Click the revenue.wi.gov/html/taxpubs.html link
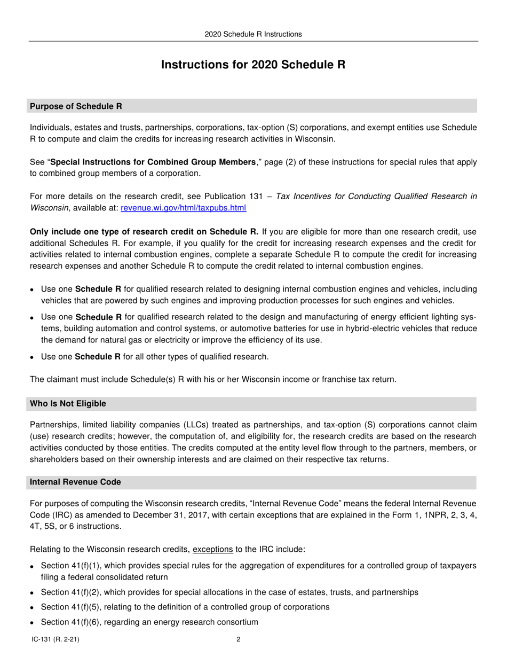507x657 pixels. pyautogui.click(x=184, y=208)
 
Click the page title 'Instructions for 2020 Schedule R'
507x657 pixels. pyautogui.click(x=253, y=65)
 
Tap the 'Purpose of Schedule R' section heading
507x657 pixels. pyautogui.click(x=76, y=106)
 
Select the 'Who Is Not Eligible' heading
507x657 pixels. pyautogui.click(x=68, y=404)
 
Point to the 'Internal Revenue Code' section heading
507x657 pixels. pyautogui.click(x=75, y=482)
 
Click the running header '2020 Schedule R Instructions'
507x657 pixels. pyautogui.click(x=253, y=34)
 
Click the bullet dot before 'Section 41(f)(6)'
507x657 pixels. pyautogui.click(x=33, y=623)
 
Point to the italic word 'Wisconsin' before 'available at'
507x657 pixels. pyautogui.click(x=49, y=208)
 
